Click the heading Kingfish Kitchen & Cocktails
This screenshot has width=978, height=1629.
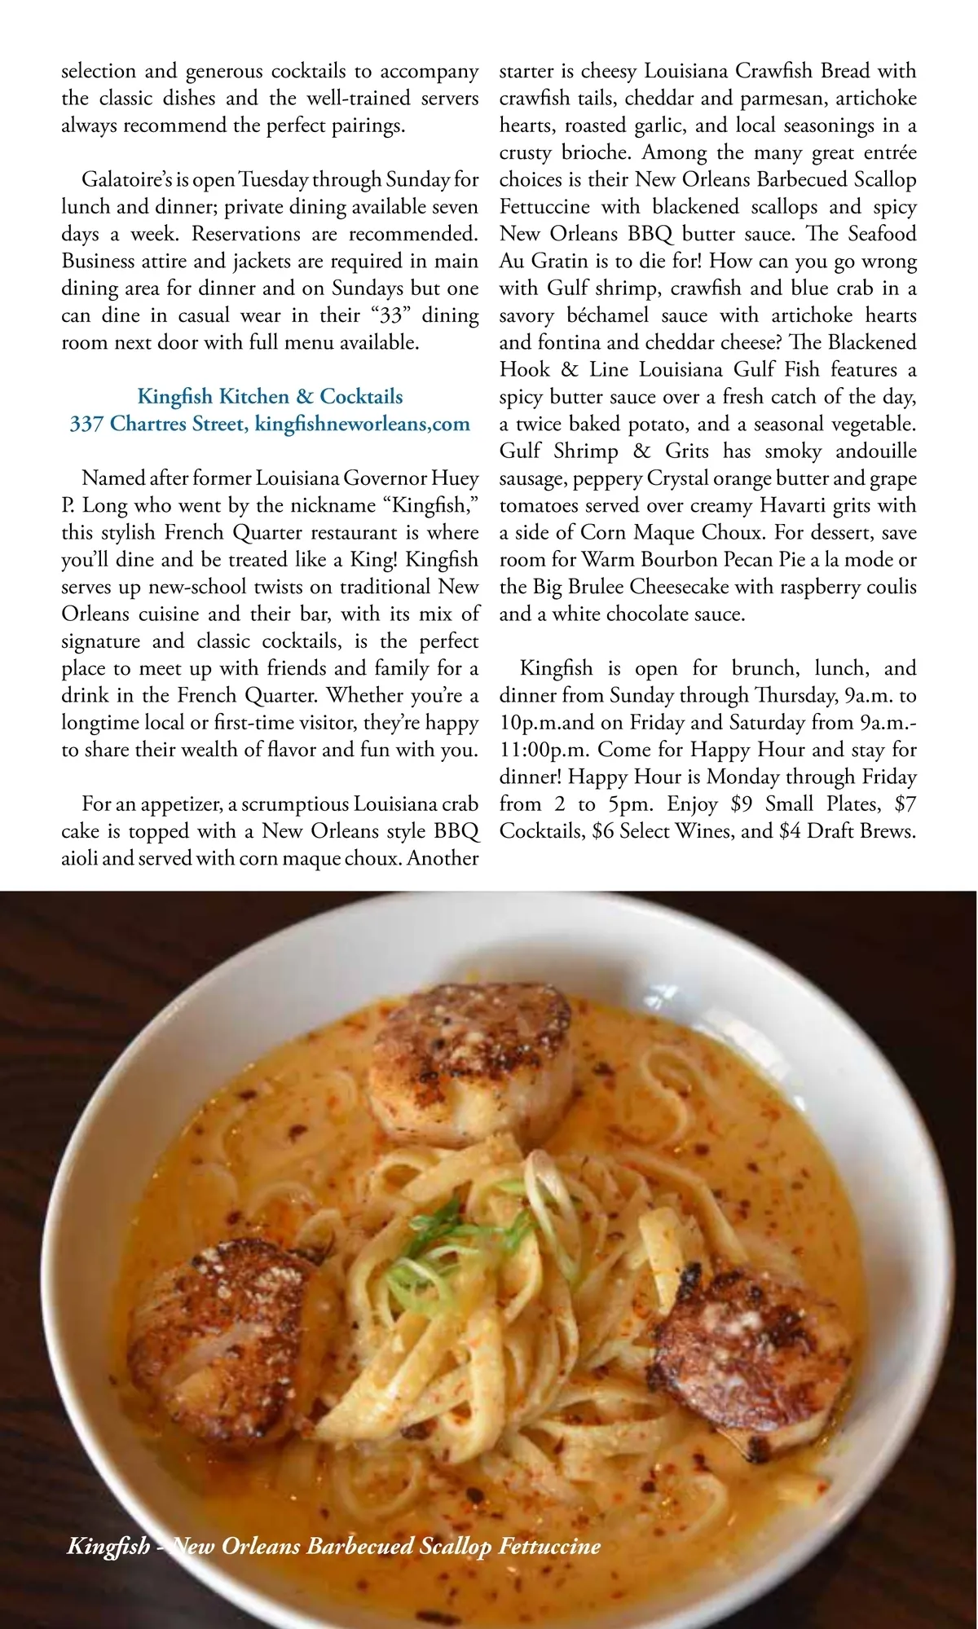click(270, 397)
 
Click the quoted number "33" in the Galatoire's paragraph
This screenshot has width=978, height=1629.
click(391, 315)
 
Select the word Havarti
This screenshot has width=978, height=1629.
click(790, 505)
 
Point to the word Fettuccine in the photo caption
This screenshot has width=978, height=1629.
click(550, 1546)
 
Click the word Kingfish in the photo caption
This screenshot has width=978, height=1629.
click(108, 1546)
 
